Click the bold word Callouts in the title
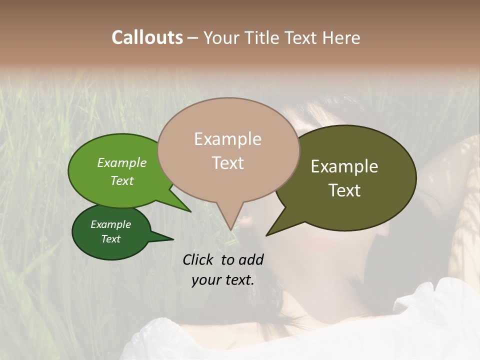[x=147, y=37]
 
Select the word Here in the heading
[x=341, y=37]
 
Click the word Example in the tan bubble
[x=227, y=139]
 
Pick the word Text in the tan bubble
[x=227, y=163]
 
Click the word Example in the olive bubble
[x=344, y=166]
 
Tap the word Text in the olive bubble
[x=344, y=190]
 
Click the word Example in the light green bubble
[x=122, y=162]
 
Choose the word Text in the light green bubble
[x=122, y=180]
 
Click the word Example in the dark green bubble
[x=110, y=224]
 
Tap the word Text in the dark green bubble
[x=110, y=239]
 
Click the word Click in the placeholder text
[x=199, y=259]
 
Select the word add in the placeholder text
[x=250, y=259]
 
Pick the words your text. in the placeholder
[x=223, y=280]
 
